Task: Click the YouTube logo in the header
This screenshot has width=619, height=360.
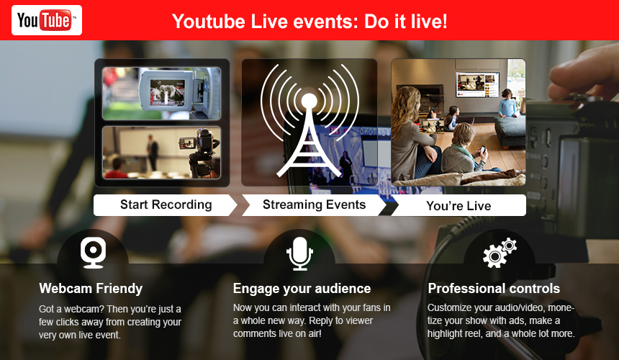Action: point(47,20)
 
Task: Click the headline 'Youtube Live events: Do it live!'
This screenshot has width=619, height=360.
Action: point(309,22)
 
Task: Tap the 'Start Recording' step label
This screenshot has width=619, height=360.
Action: point(166,204)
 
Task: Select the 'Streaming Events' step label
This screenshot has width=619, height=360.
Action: point(315,204)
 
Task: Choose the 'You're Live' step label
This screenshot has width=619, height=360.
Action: point(458,206)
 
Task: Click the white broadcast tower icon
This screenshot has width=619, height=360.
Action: point(309,120)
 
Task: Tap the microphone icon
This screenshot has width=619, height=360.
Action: point(299,253)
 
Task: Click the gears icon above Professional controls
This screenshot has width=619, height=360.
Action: point(500,253)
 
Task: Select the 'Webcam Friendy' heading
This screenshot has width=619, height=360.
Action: point(91,288)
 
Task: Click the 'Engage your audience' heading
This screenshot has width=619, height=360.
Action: point(302,289)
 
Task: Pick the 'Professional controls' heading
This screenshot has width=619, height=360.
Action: point(494,288)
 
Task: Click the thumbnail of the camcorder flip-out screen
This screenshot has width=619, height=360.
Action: point(161,94)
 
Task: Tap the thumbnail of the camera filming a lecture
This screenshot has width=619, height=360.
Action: point(161,153)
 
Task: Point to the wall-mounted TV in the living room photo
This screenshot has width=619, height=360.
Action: point(477,84)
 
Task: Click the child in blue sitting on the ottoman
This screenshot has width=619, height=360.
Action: point(507,104)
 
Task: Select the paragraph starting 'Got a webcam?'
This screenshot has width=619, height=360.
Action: point(110,322)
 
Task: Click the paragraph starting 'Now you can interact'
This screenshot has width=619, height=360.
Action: point(312,320)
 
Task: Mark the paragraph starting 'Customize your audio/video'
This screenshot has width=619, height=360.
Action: point(501,320)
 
